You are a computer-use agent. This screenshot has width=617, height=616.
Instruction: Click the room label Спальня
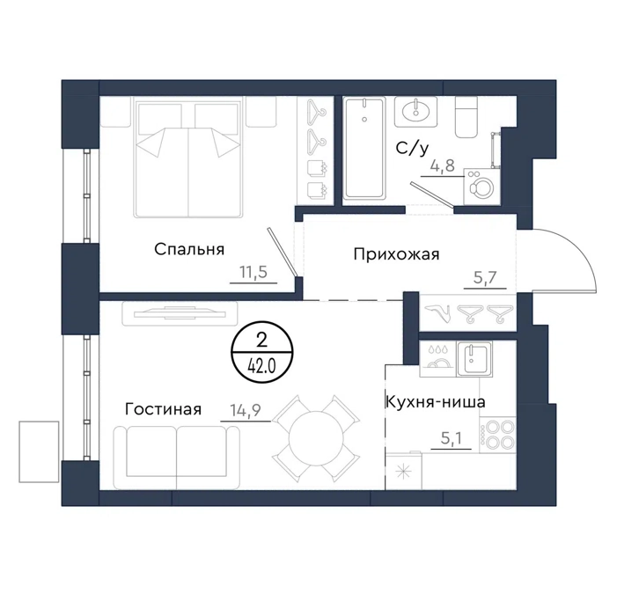[189, 250]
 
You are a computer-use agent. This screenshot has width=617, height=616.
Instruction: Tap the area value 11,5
[253, 272]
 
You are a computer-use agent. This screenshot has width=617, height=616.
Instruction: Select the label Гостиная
[164, 409]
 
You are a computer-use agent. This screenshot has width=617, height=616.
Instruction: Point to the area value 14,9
[246, 411]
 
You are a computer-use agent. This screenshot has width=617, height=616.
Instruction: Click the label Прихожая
[396, 254]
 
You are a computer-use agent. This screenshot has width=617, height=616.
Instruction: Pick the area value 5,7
[485, 278]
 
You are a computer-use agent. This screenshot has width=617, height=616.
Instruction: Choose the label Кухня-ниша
[436, 402]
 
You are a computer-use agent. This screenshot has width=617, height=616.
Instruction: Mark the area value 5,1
[452, 438]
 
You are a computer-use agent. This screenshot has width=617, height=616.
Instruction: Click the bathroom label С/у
[412, 149]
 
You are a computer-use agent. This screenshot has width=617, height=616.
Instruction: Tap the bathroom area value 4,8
[444, 165]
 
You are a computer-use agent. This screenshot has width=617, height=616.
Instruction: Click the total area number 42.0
[261, 367]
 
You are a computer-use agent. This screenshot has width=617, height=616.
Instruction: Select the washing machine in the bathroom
[482, 187]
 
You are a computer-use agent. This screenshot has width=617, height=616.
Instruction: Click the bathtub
[364, 149]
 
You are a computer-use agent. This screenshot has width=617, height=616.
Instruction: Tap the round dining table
[316, 438]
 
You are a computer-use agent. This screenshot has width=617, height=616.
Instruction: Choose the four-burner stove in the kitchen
[498, 435]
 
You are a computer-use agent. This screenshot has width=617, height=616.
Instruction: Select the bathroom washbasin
[416, 112]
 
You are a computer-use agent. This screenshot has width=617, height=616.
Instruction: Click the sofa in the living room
[176, 458]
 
